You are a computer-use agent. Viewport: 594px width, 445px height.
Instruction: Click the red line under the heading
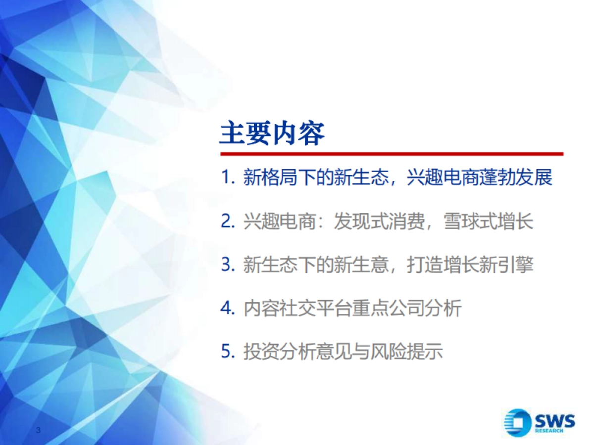[391, 154]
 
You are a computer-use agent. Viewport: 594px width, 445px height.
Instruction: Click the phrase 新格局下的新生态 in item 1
[316, 178]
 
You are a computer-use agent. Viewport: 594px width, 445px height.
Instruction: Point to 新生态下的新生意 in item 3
[316, 265]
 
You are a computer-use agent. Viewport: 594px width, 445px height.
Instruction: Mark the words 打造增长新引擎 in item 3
[470, 265]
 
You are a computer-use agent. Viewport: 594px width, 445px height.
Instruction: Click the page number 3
[38, 430]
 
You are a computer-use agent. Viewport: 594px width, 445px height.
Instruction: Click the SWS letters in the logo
[555, 421]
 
